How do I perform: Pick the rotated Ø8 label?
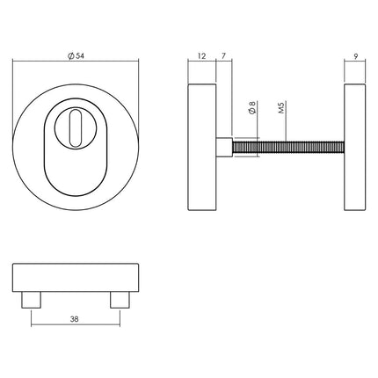pyautogui.click(x=252, y=111)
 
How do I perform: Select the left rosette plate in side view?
pyautogui.click(x=203, y=148)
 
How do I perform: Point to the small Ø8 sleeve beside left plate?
pyautogui.click(x=224, y=148)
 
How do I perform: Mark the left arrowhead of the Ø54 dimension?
pyautogui.click(x=16, y=63)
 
